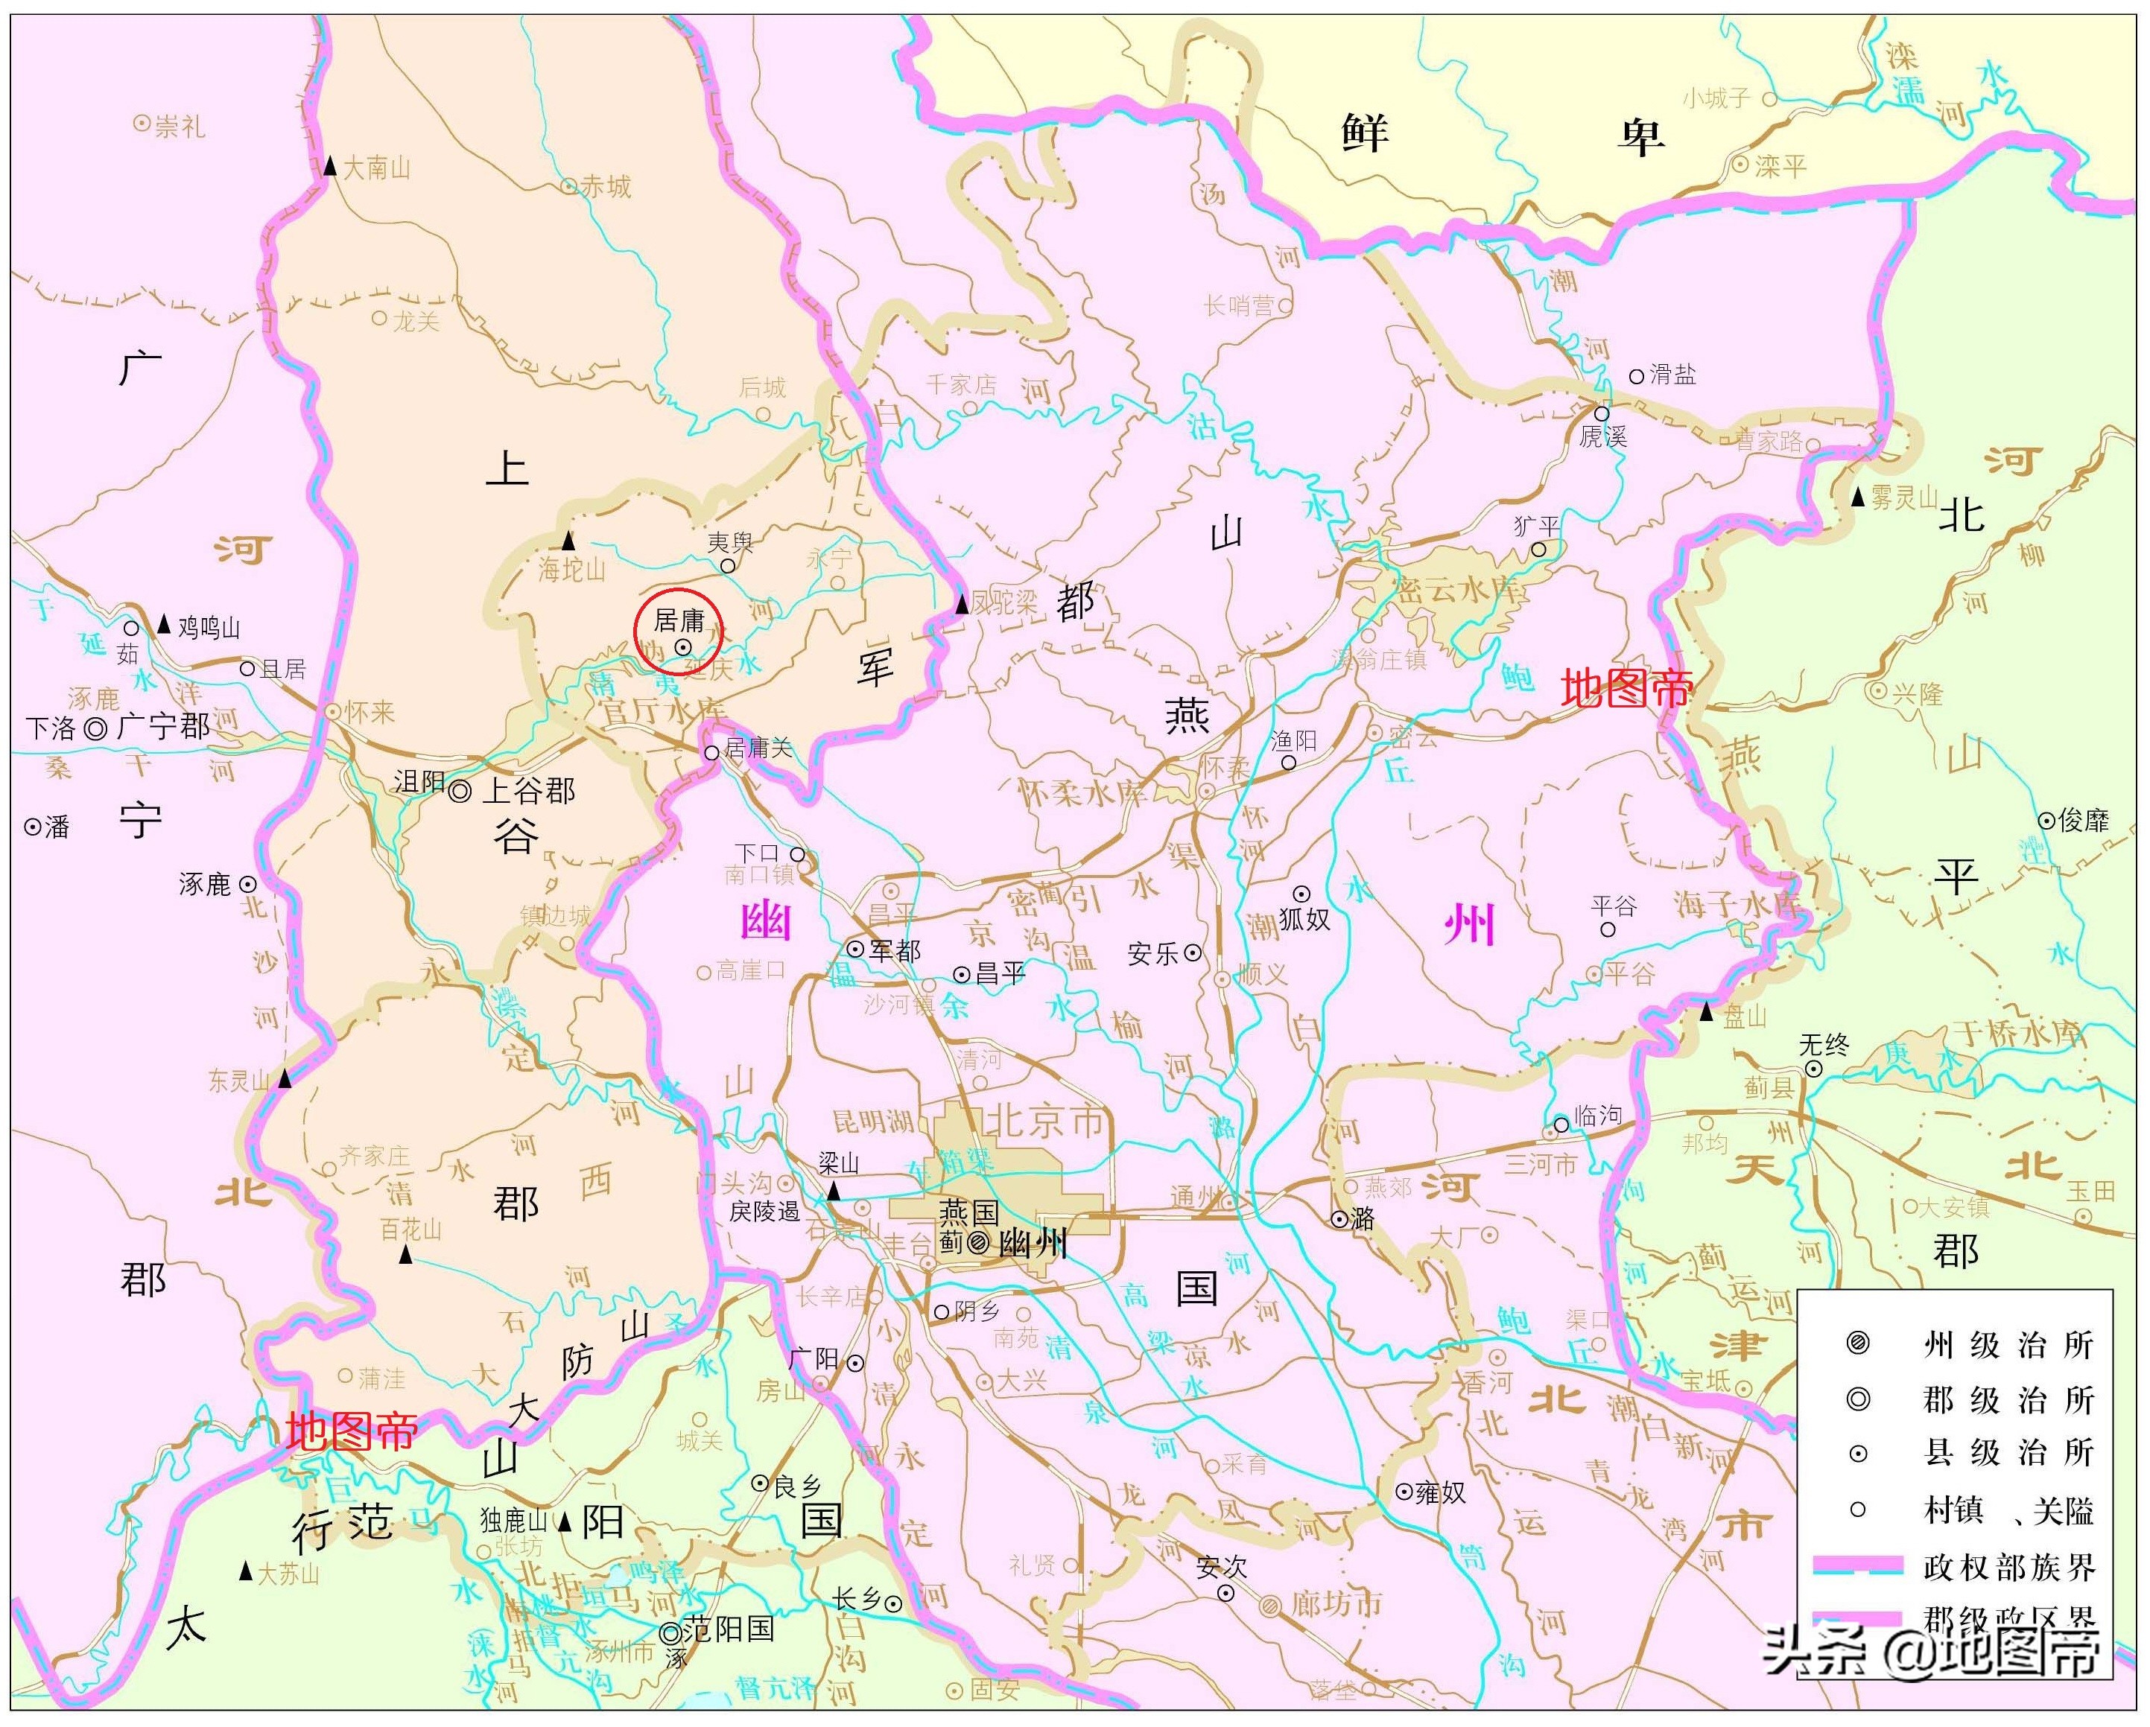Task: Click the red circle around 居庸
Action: coord(678,632)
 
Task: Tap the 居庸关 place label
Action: coord(758,748)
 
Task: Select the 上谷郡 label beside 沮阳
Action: coord(527,791)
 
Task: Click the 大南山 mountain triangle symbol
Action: coord(329,165)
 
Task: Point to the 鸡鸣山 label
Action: coord(209,627)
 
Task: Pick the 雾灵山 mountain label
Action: coord(1903,497)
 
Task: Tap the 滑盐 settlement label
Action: coord(1672,375)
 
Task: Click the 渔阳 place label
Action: coord(1293,740)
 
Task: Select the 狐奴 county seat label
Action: coord(1304,918)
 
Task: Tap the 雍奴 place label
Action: coord(1439,1492)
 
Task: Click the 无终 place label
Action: coord(1824,1044)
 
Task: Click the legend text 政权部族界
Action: coord(2008,1568)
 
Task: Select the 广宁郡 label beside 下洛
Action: coord(164,726)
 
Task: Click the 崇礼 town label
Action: coord(180,127)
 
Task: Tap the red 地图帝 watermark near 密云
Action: coord(1626,688)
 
